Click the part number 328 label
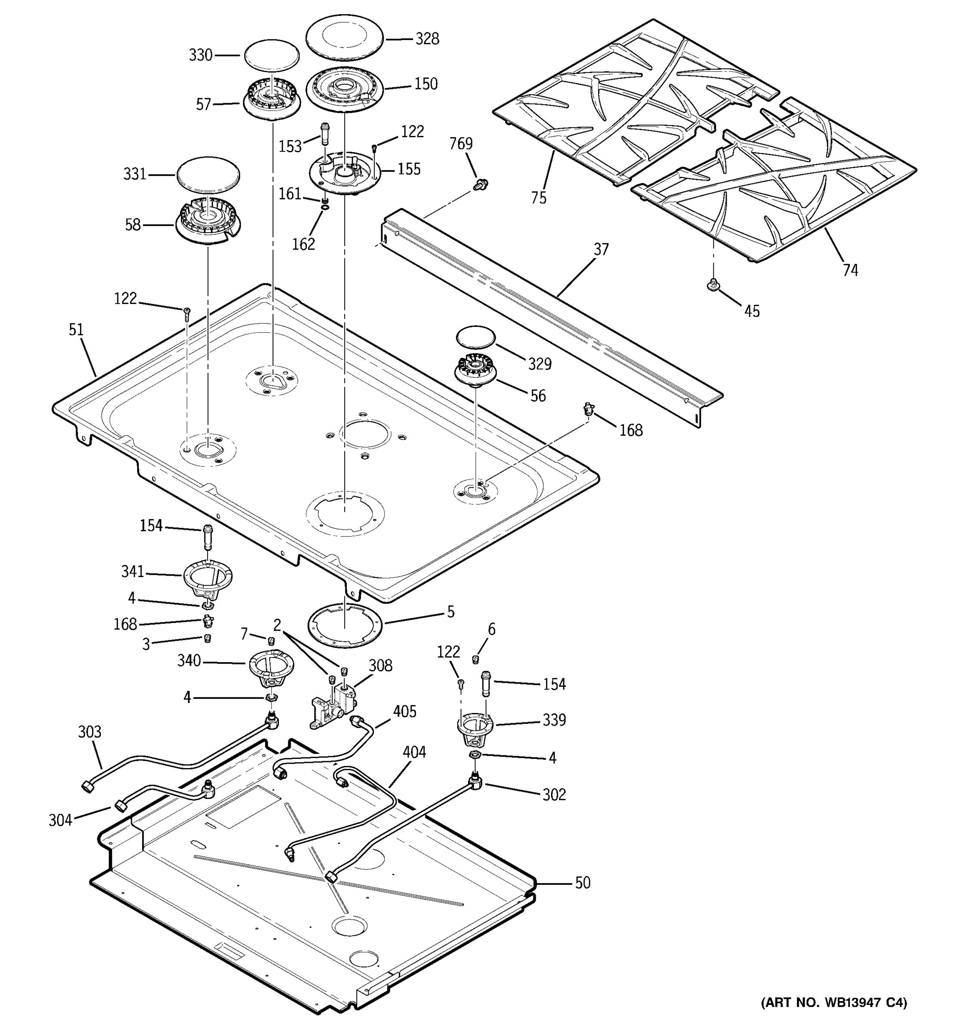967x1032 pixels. pos(427,39)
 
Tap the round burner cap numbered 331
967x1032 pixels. pos(208,173)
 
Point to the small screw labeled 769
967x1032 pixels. pos(480,183)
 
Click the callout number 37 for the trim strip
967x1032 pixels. pos(601,250)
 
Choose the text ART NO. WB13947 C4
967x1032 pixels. pos(834,1002)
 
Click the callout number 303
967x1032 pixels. pos(90,732)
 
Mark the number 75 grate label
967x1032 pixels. pos(539,198)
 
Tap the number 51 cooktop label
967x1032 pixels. pos(76,330)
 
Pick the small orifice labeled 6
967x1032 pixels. pos(474,659)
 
